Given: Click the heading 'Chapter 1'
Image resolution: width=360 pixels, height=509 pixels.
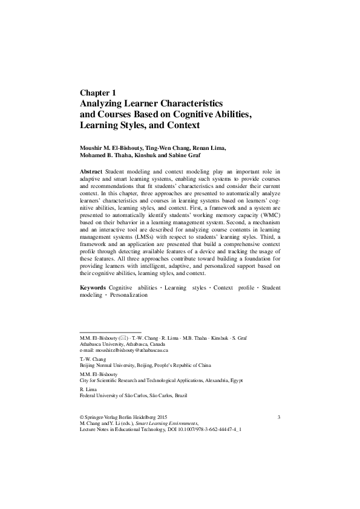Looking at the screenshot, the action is [97, 92].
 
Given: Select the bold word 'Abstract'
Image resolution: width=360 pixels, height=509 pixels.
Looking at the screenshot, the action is [91, 172].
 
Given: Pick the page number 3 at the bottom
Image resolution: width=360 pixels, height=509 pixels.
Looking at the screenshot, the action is [278, 418].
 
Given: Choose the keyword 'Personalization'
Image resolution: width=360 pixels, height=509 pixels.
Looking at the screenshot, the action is [129, 294].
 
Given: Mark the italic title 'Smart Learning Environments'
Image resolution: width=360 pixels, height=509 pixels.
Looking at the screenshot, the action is [170, 424].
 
